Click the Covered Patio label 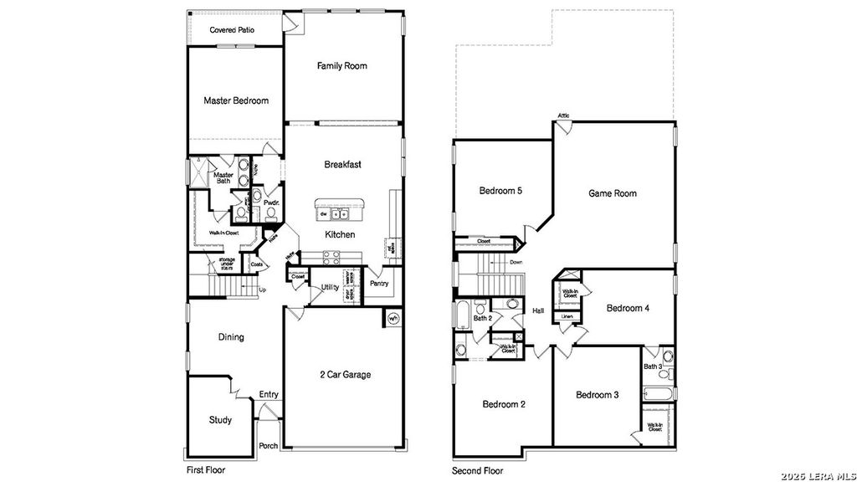tap(232, 30)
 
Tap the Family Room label tap(341, 66)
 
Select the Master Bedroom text tap(236, 100)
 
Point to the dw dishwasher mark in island tap(323, 213)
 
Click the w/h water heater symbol tap(393, 319)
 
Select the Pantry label tap(380, 284)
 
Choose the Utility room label tap(330, 288)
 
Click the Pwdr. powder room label tap(271, 203)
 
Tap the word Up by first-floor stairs tap(263, 290)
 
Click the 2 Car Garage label tap(345, 374)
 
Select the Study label tap(220, 420)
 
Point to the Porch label tap(269, 446)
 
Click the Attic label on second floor tap(564, 115)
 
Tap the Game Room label tap(613, 193)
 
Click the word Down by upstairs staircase tap(516, 262)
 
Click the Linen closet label tap(567, 316)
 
